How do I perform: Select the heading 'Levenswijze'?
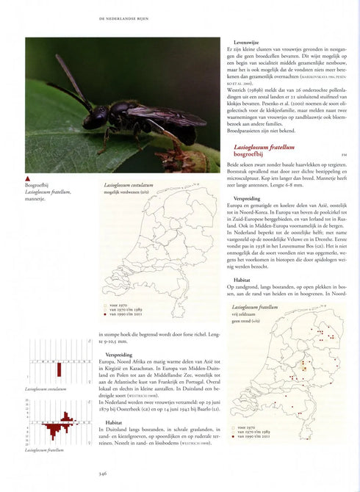click(x=247, y=43)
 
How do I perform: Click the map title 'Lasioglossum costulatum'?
click(x=129, y=186)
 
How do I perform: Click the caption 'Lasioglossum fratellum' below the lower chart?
click(x=44, y=449)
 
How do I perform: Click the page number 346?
click(x=103, y=474)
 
